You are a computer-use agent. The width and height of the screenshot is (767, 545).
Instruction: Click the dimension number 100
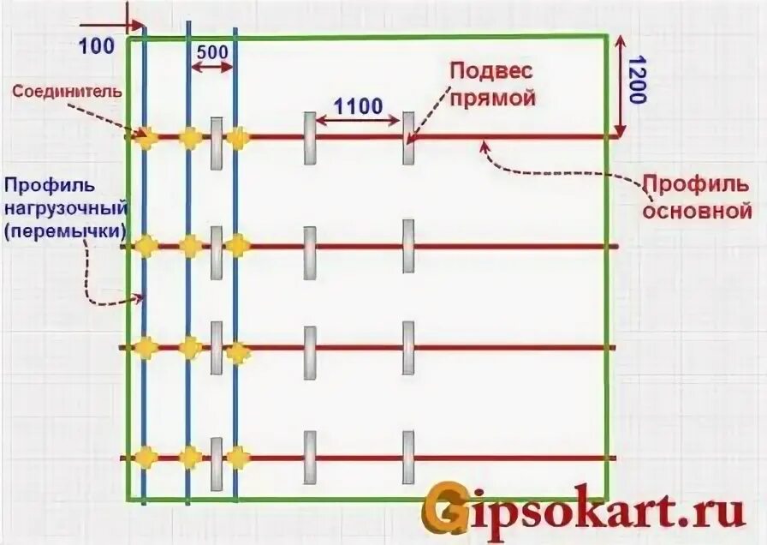click(x=96, y=45)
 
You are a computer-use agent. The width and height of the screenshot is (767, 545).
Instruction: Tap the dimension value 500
click(x=212, y=51)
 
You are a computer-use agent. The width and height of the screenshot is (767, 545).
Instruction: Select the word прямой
click(x=493, y=97)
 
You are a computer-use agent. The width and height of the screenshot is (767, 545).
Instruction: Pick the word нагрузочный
click(x=65, y=207)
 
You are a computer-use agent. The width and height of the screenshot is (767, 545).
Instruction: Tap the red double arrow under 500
click(x=211, y=67)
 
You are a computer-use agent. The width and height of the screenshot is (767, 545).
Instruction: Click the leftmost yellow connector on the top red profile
click(x=144, y=135)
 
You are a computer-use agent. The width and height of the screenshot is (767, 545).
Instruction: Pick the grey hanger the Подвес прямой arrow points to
click(x=408, y=138)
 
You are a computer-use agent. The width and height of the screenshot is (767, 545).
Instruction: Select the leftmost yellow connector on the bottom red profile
click(x=146, y=457)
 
